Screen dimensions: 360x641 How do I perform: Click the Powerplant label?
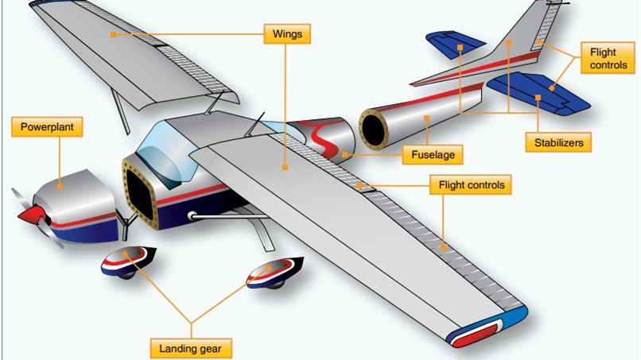47,126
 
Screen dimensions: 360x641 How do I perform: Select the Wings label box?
286,34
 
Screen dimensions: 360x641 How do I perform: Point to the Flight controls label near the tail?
608,59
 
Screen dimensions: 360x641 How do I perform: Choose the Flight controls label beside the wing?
472,186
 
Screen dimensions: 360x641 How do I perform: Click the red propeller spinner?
31,215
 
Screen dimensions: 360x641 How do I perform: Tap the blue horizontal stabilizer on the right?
541,91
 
